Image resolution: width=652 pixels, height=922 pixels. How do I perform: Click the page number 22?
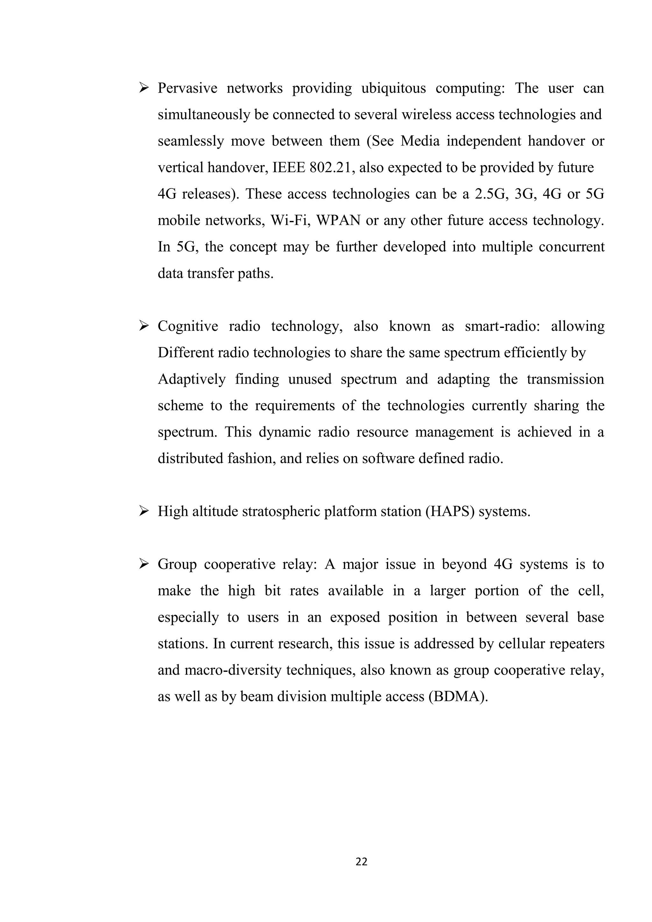point(361,862)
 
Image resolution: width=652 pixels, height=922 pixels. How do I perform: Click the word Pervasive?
point(187,88)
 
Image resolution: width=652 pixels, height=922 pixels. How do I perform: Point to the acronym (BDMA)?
point(458,697)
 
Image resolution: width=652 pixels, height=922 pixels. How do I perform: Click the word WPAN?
point(338,220)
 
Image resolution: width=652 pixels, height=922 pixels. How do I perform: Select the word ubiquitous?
point(393,88)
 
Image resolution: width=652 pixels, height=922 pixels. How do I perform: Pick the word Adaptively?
point(192,379)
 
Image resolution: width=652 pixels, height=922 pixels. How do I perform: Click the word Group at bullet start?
point(177,564)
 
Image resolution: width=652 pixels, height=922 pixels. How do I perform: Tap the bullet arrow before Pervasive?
point(143,88)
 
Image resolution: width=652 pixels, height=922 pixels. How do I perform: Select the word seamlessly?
point(191,141)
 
